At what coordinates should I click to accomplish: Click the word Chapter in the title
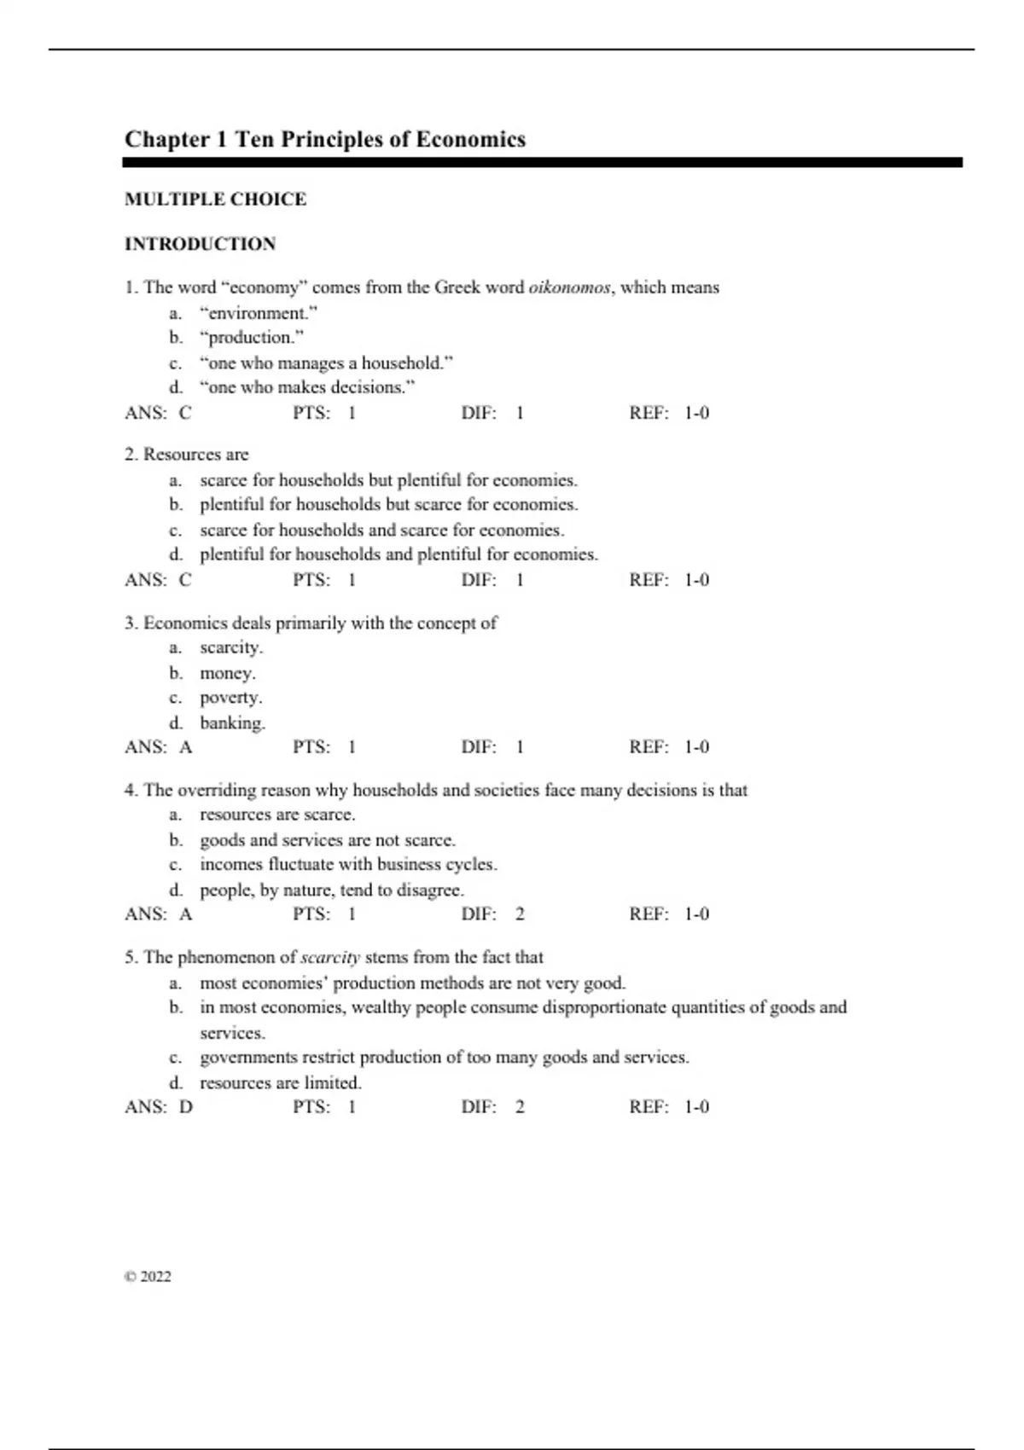click(x=167, y=140)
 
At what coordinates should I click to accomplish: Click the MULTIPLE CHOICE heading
click(x=215, y=200)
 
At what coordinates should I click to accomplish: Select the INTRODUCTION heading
click(x=200, y=244)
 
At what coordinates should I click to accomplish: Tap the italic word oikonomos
click(x=569, y=287)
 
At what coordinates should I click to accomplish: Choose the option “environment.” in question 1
click(x=259, y=313)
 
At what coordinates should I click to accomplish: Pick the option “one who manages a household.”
click(x=326, y=362)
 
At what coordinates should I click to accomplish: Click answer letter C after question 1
click(x=185, y=413)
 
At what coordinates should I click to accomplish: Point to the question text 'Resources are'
click(x=195, y=455)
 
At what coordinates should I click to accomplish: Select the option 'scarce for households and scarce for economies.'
click(x=381, y=530)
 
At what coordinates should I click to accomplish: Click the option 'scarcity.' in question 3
click(x=231, y=647)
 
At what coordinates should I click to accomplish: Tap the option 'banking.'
click(x=232, y=722)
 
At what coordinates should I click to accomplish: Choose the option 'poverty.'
click(x=230, y=697)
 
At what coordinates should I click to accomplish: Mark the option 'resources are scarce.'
click(x=277, y=815)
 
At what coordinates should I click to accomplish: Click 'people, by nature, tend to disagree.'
click(x=332, y=890)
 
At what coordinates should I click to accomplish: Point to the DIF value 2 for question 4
click(x=520, y=914)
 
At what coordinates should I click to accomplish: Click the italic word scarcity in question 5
click(x=330, y=958)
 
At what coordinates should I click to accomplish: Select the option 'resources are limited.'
click(x=281, y=1082)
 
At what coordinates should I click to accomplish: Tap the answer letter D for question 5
click(x=186, y=1107)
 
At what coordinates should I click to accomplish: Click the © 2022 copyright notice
click(x=148, y=1277)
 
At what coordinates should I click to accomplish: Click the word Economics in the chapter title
click(x=470, y=140)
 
